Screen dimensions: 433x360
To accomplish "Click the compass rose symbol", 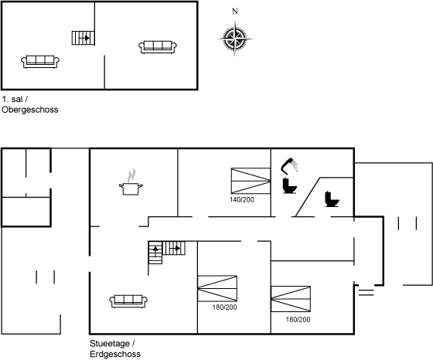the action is click(235, 39).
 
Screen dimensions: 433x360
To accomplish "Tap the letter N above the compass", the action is click(235, 12).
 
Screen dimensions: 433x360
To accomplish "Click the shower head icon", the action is click(289, 166).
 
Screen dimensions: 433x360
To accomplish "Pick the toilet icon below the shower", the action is click(289, 186).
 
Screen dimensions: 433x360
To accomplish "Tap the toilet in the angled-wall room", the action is click(332, 199).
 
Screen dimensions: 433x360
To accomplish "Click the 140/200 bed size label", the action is click(241, 200).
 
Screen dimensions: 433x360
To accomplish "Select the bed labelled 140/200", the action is click(251, 181).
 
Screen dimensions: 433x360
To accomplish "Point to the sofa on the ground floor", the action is click(128, 301).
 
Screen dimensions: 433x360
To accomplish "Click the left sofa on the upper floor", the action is click(40, 62).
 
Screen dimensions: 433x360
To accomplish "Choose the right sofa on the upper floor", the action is click(158, 47).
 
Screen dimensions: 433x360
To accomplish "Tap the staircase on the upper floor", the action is click(84, 38).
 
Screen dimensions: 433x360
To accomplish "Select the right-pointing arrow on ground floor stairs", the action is click(175, 248).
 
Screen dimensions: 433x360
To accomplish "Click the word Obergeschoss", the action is click(30, 110).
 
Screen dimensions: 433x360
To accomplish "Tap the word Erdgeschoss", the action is click(115, 354).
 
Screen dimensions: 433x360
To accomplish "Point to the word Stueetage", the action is click(110, 344).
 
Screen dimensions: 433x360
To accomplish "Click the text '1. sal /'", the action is click(15, 99).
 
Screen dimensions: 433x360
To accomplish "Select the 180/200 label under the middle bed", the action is click(224, 307).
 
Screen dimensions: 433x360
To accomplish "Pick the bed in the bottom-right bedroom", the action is click(291, 299).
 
